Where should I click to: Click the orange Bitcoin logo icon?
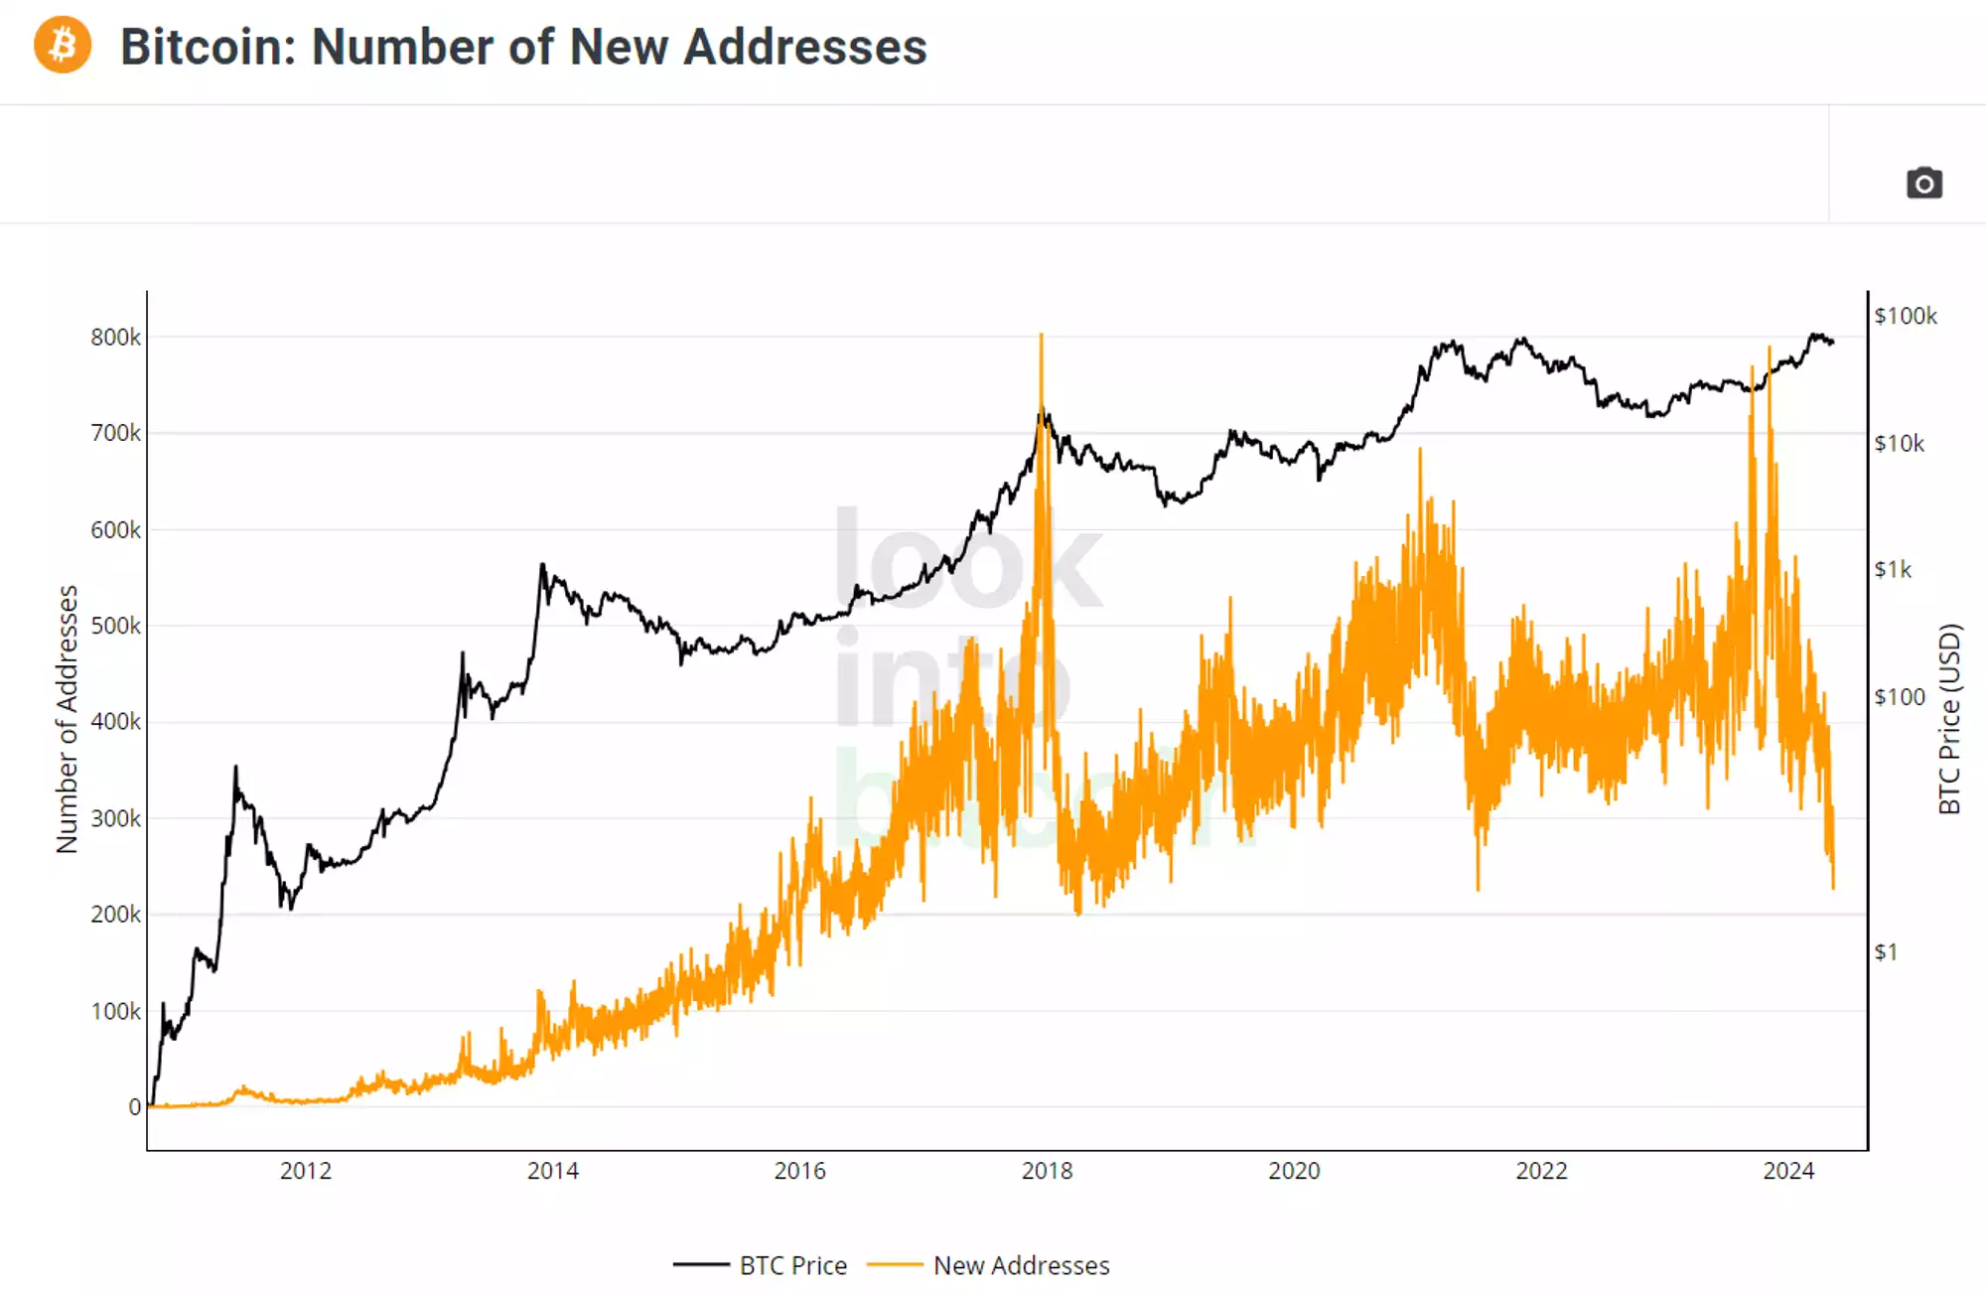(x=63, y=45)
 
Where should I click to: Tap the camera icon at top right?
(x=1923, y=184)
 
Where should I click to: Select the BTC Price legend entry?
(x=791, y=1265)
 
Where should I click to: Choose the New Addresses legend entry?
(x=1021, y=1265)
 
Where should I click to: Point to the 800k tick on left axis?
(x=115, y=338)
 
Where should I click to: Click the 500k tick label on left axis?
(x=115, y=626)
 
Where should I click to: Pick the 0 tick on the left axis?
(x=134, y=1106)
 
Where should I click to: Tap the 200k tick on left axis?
(x=115, y=914)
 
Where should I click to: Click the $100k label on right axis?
(x=1905, y=316)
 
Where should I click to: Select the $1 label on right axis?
(x=1885, y=951)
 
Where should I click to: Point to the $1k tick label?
(x=1892, y=569)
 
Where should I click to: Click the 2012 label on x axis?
(x=305, y=1171)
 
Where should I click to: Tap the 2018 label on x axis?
(x=1047, y=1171)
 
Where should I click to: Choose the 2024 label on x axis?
(x=1787, y=1171)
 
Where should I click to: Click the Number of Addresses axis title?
(x=67, y=719)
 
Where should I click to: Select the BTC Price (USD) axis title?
(x=1949, y=719)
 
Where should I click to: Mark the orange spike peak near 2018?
(x=1041, y=336)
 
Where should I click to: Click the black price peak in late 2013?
(x=542, y=565)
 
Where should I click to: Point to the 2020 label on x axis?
(x=1294, y=1171)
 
